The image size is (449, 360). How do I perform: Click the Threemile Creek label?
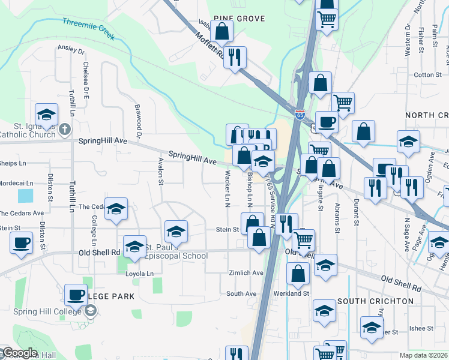[88, 28]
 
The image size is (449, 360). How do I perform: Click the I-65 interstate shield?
[300, 113]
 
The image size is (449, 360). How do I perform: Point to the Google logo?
[19, 353]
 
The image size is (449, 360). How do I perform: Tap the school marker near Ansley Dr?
[46, 113]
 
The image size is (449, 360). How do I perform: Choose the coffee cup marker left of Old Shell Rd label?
[22, 243]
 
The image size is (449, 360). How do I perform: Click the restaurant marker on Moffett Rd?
[235, 58]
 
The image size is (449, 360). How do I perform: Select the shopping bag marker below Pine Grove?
[221, 31]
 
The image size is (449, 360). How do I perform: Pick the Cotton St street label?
[427, 75]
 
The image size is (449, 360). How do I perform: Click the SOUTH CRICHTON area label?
[375, 301]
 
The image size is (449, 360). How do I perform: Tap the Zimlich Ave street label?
[246, 272]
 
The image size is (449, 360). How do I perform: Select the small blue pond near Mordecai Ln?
[26, 196]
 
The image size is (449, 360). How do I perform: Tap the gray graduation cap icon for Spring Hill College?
[90, 310]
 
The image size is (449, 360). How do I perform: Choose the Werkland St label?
[293, 293]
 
